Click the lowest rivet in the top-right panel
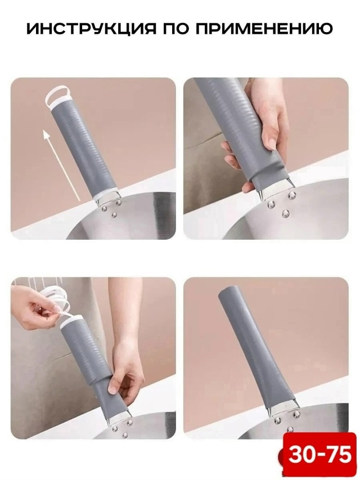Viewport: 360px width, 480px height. (x=286, y=213)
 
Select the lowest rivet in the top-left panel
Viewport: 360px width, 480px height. (x=115, y=214)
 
